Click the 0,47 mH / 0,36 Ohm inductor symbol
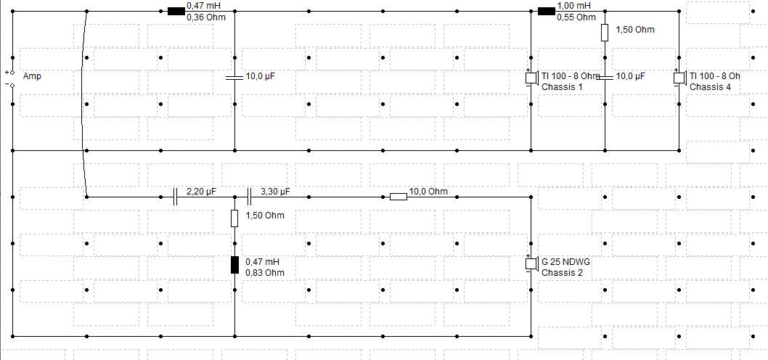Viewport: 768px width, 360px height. (x=176, y=12)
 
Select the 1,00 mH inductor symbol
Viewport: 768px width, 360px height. (x=547, y=12)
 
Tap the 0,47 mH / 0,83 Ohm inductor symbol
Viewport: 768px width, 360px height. (x=234, y=264)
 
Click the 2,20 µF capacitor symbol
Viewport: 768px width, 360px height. (x=176, y=197)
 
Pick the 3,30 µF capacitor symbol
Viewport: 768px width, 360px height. (x=249, y=197)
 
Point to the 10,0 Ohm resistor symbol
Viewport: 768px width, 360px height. (x=399, y=197)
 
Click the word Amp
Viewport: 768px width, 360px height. (x=32, y=76)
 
